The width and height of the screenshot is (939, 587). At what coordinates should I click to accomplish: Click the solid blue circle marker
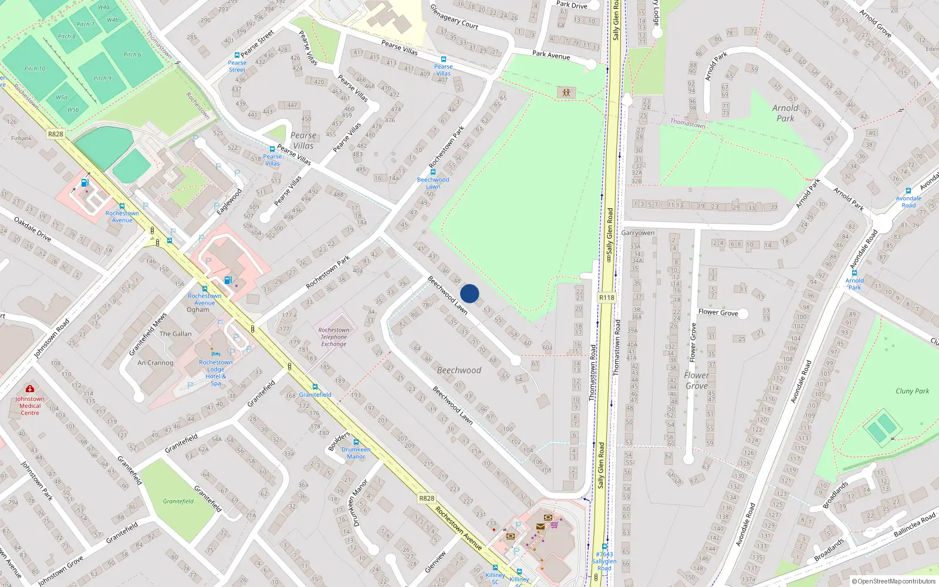[x=469, y=293]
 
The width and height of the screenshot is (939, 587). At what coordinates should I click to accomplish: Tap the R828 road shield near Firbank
[x=56, y=134]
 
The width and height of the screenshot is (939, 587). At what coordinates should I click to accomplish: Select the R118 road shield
[x=607, y=298]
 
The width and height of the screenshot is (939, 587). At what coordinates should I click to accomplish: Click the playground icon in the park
[x=566, y=93]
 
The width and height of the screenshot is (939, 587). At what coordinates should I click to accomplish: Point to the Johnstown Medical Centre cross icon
[x=30, y=389]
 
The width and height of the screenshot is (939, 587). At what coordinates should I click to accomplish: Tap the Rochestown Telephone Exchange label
[x=333, y=337]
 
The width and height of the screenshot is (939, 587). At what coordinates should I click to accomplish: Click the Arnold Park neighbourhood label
[x=785, y=113]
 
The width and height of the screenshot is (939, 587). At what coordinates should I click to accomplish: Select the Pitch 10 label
[x=35, y=69]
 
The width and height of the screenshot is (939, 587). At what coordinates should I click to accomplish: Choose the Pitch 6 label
[x=132, y=55]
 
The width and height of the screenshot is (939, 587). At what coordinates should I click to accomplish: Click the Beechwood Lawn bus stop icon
[x=433, y=172]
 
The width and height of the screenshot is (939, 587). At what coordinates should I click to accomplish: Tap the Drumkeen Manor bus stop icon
[x=356, y=442]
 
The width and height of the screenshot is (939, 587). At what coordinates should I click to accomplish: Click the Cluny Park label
[x=912, y=391]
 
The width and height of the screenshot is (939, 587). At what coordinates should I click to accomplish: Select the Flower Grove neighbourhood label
[x=697, y=380]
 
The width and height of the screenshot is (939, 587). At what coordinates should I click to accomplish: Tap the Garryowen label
[x=638, y=232]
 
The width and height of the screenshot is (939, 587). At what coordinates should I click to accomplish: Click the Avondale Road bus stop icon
[x=908, y=191]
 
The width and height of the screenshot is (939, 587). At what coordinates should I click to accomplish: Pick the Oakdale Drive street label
[x=33, y=229]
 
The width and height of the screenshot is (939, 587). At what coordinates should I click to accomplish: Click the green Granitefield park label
[x=178, y=501]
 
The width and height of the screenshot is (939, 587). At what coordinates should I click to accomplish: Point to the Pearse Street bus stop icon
[x=237, y=55]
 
